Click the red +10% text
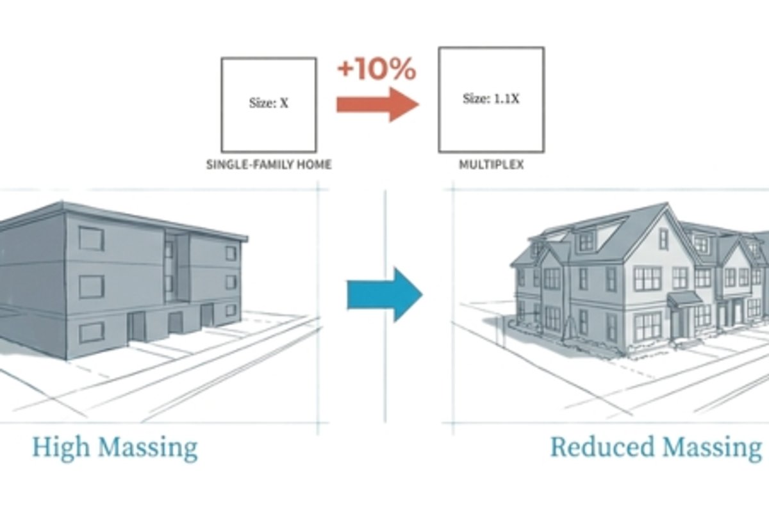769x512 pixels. pyautogui.click(x=377, y=69)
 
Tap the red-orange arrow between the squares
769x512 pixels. pyautogui.click(x=377, y=104)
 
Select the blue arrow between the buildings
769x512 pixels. pyautogui.click(x=384, y=294)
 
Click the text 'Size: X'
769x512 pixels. pyautogui.click(x=269, y=103)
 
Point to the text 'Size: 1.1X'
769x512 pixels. pyautogui.click(x=491, y=99)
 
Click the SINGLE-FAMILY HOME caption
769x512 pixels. pyautogui.click(x=269, y=164)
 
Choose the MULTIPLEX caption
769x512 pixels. pyautogui.click(x=492, y=164)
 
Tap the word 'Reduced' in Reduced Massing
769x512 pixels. pyautogui.click(x=602, y=447)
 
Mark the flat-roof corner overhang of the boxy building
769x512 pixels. pyautogui.click(x=244, y=237)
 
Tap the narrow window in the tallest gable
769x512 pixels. pyautogui.click(x=664, y=239)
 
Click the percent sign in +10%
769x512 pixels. pyautogui.click(x=404, y=70)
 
